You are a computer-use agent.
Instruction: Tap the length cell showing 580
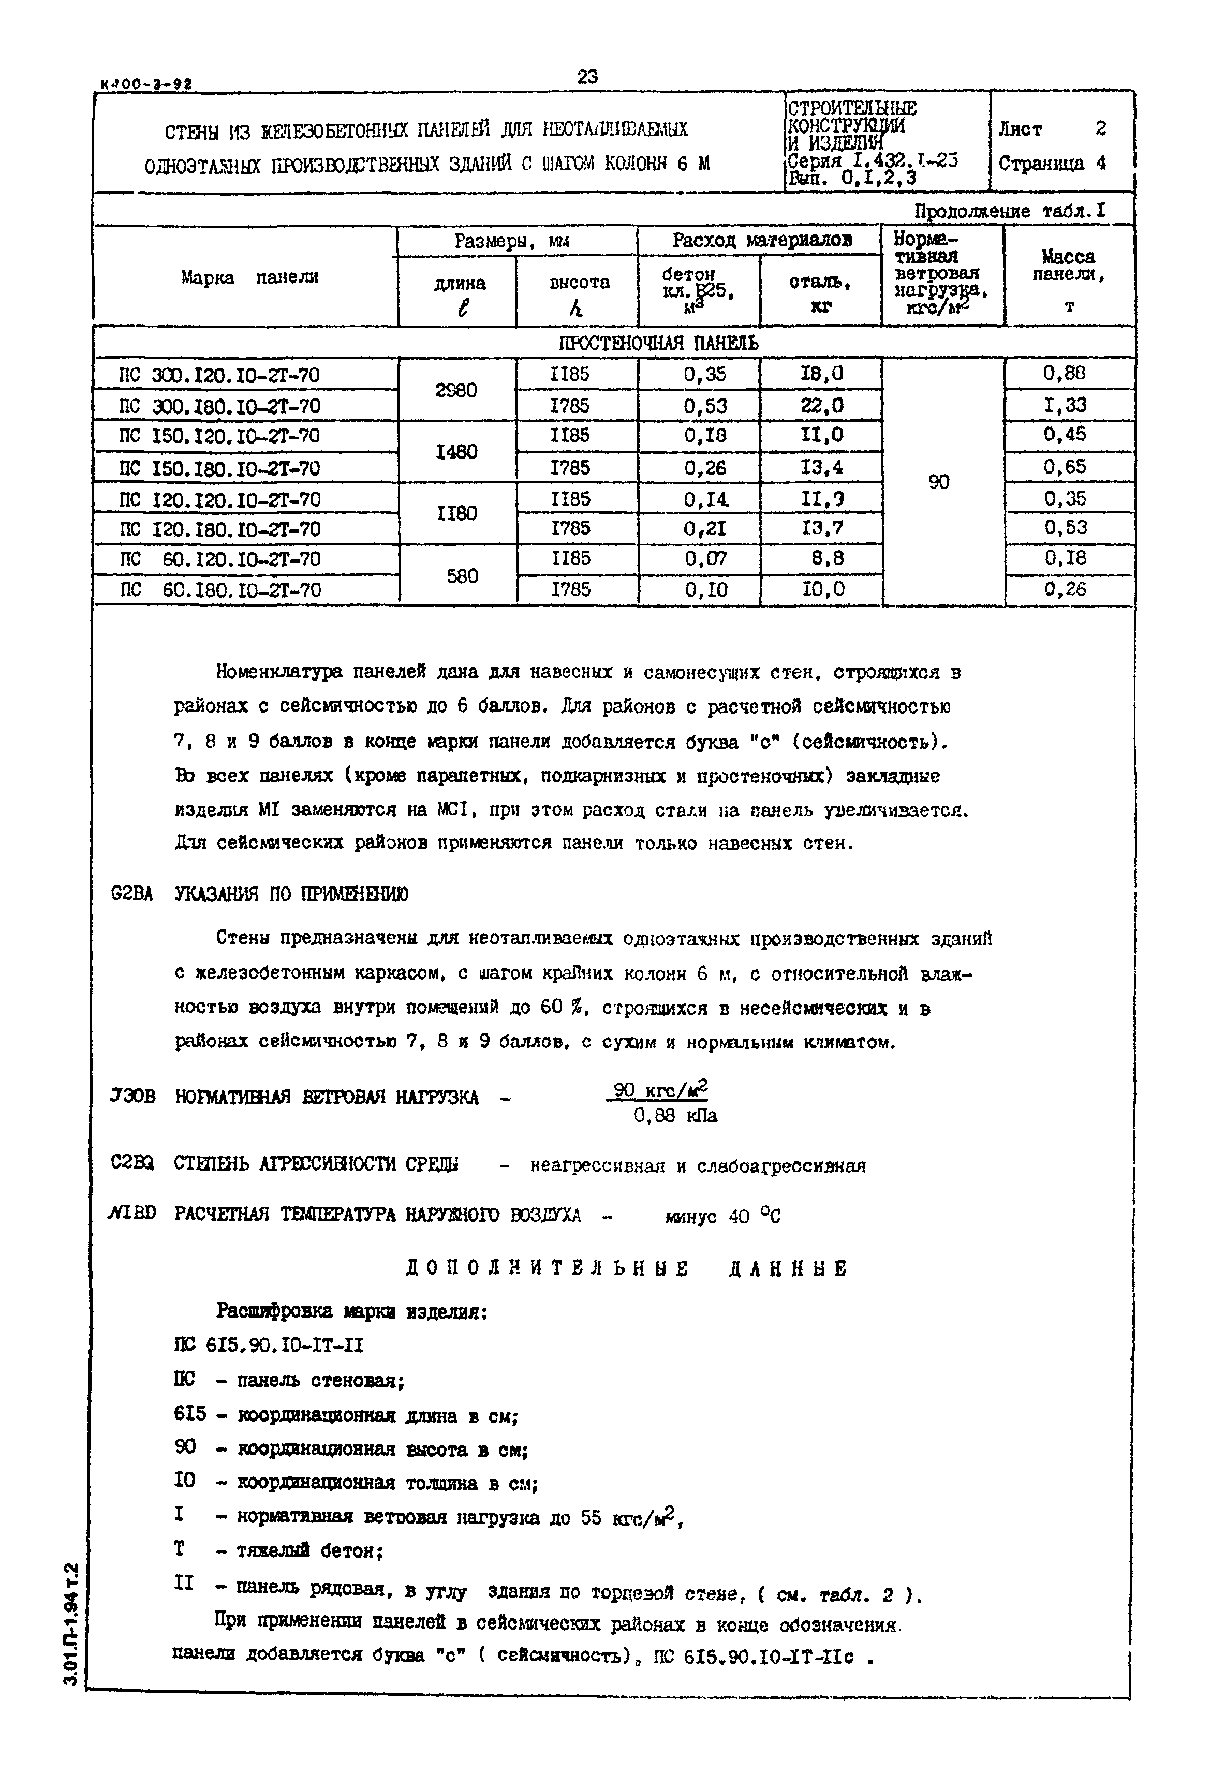click(462, 575)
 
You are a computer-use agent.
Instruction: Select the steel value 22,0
click(821, 406)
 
